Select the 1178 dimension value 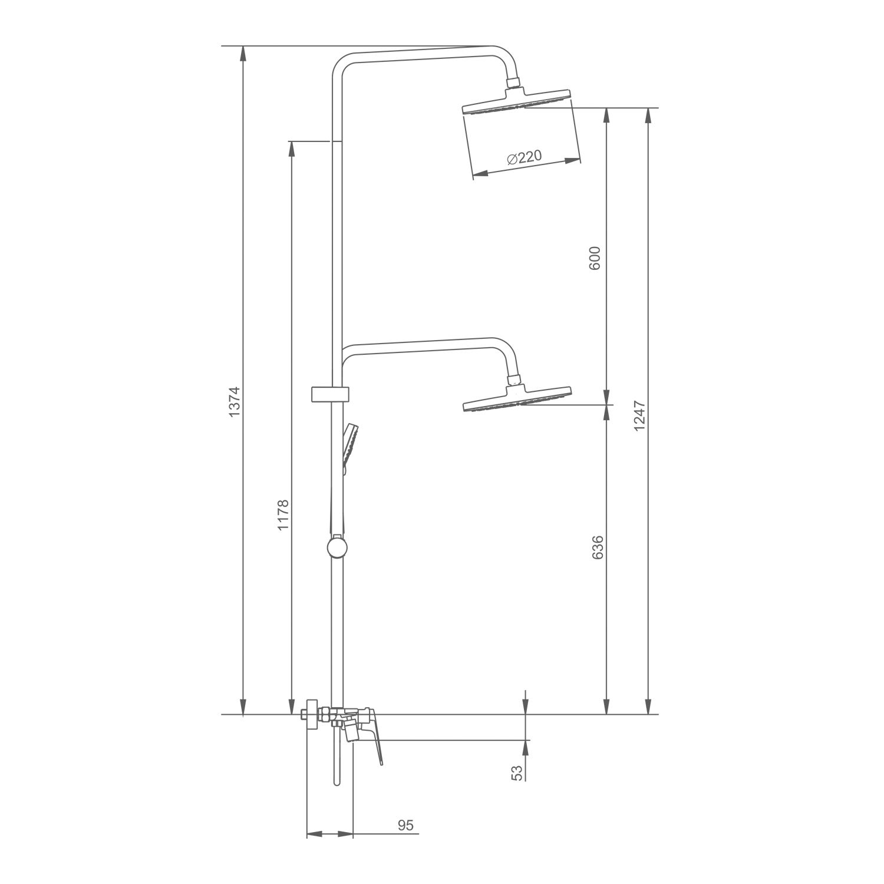coord(283,514)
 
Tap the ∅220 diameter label coord(523,157)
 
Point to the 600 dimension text coord(595,258)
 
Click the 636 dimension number coord(598,547)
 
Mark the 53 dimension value coord(517,773)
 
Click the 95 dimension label coord(405,825)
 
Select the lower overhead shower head coord(517,398)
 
